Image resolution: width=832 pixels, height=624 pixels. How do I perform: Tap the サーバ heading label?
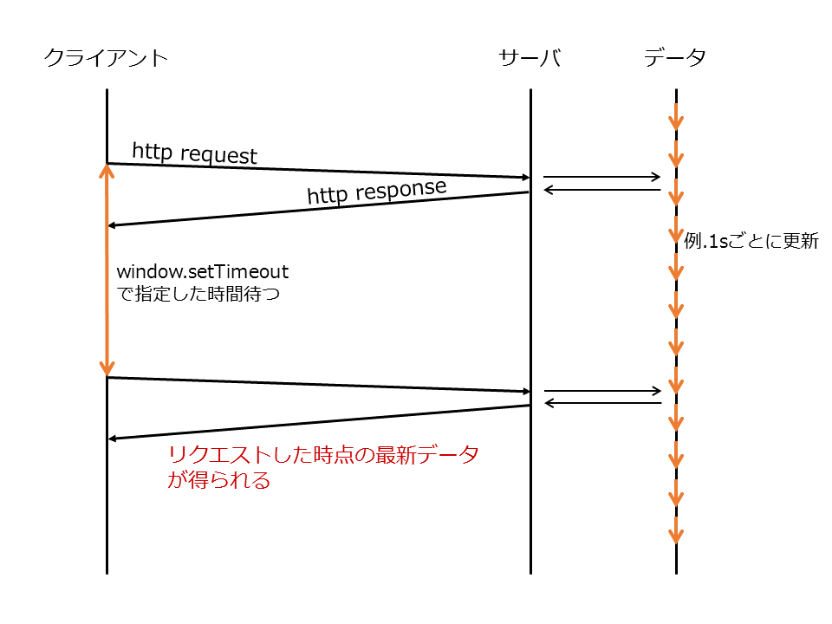[x=530, y=58]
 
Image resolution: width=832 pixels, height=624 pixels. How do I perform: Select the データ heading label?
[x=675, y=58]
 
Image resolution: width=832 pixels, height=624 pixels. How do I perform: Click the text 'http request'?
[x=194, y=153]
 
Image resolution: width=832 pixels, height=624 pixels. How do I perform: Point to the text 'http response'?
[x=376, y=192]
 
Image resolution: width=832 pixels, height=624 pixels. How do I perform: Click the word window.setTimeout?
[x=202, y=272]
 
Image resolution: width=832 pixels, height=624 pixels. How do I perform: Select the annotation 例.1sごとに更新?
[x=751, y=242]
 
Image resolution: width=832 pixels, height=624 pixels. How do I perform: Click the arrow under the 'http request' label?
[x=317, y=171]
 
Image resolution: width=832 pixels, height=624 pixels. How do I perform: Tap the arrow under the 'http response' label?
[x=317, y=209]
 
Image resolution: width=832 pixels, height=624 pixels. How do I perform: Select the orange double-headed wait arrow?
[x=107, y=270]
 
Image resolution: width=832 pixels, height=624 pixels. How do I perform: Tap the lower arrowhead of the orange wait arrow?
[x=107, y=369]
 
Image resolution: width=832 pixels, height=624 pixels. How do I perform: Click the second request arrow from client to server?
[x=317, y=385]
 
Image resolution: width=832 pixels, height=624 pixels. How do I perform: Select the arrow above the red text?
[x=317, y=422]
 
